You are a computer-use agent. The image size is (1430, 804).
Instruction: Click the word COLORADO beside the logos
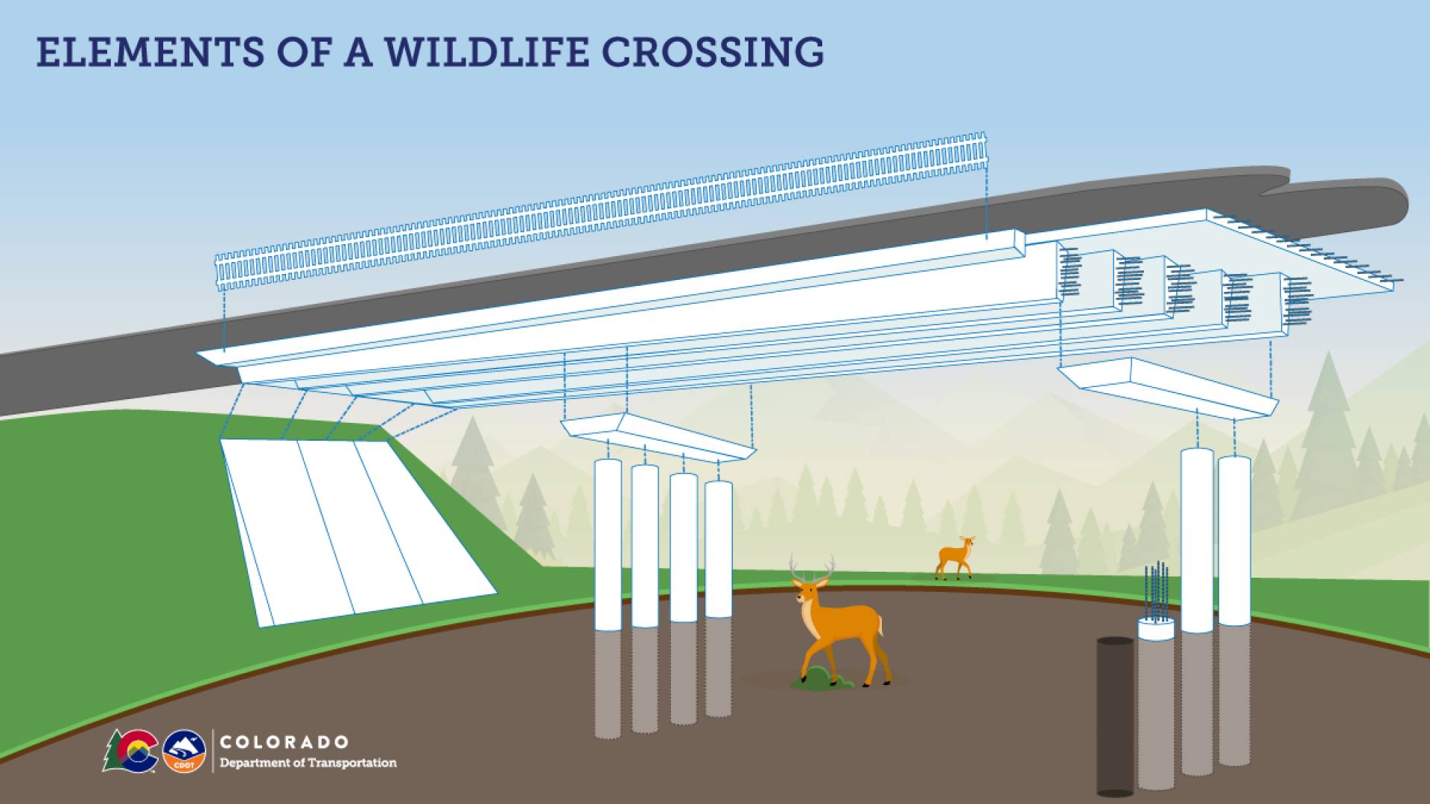(x=285, y=742)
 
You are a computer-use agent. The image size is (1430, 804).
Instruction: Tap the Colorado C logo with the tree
(x=130, y=751)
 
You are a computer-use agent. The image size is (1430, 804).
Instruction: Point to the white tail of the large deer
(x=880, y=625)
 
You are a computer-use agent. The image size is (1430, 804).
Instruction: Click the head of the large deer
(x=804, y=592)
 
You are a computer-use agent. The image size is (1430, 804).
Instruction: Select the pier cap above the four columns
(x=658, y=437)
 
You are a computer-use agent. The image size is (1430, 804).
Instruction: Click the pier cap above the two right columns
(x=1169, y=386)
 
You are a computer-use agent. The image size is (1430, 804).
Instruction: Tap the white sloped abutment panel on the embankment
(x=357, y=530)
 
